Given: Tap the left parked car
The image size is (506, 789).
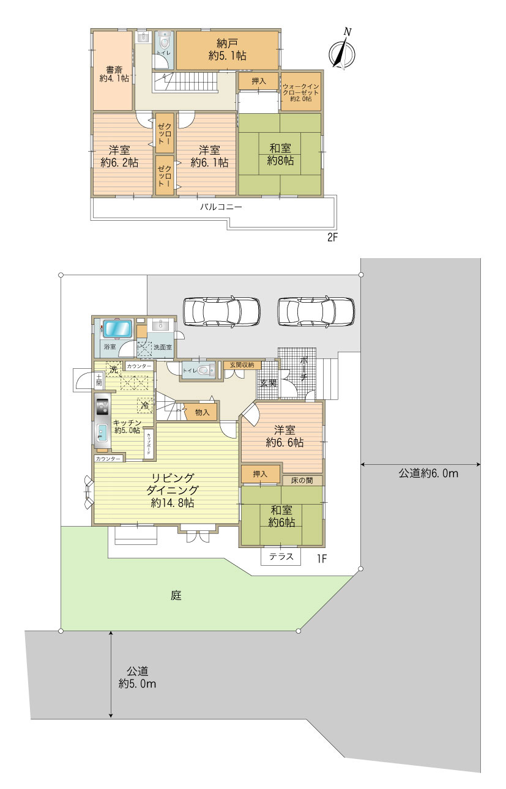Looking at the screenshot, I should (221, 312).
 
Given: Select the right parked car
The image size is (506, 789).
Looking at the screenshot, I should (315, 312).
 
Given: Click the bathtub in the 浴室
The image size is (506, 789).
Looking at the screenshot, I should (117, 328).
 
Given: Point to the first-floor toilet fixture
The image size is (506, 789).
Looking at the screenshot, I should (204, 370).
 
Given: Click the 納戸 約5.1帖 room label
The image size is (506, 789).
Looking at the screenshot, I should (227, 49).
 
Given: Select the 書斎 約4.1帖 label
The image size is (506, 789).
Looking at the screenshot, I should (114, 73).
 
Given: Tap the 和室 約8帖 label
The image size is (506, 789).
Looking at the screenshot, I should (280, 154).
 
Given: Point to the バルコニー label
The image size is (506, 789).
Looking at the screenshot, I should (221, 207).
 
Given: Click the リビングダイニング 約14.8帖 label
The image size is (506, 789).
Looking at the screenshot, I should (173, 490).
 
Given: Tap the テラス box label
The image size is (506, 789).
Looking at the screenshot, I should (281, 557).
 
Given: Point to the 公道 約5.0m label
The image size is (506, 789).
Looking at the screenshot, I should (137, 677).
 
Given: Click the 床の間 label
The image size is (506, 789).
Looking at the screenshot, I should (303, 480).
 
